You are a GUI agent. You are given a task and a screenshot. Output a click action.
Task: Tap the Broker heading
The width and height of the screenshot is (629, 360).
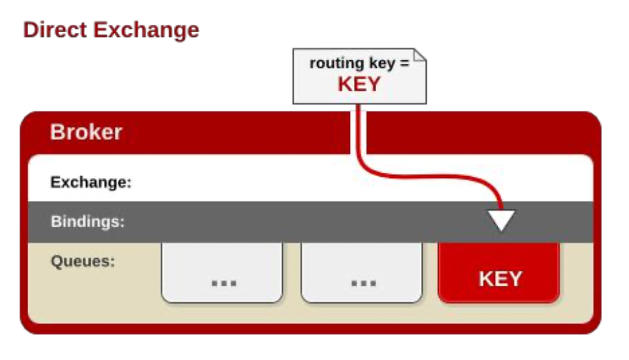click(86, 132)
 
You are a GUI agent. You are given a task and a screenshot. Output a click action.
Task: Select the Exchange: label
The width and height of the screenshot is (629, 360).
click(91, 182)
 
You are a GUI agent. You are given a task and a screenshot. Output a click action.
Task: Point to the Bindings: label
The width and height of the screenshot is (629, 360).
click(87, 221)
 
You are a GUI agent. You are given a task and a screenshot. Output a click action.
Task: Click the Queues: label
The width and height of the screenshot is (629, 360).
click(83, 261)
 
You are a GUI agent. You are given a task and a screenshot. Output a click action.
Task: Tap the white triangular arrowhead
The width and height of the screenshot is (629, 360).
click(502, 219)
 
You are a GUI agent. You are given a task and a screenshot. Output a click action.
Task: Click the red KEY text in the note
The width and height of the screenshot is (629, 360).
click(359, 84)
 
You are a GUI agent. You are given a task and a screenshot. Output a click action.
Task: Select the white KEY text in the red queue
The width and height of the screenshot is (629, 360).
click(500, 279)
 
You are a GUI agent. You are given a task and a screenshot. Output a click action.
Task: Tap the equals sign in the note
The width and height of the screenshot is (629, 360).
click(404, 64)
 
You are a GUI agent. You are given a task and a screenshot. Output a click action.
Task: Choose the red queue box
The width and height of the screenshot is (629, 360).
click(499, 271)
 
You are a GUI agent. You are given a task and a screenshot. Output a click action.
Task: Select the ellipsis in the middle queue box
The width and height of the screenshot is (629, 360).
click(362, 282)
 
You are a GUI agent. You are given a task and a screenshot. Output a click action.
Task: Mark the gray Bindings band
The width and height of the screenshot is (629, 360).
click(295, 222)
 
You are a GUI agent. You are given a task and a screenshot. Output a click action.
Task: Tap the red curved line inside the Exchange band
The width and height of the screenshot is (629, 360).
click(420, 173)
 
